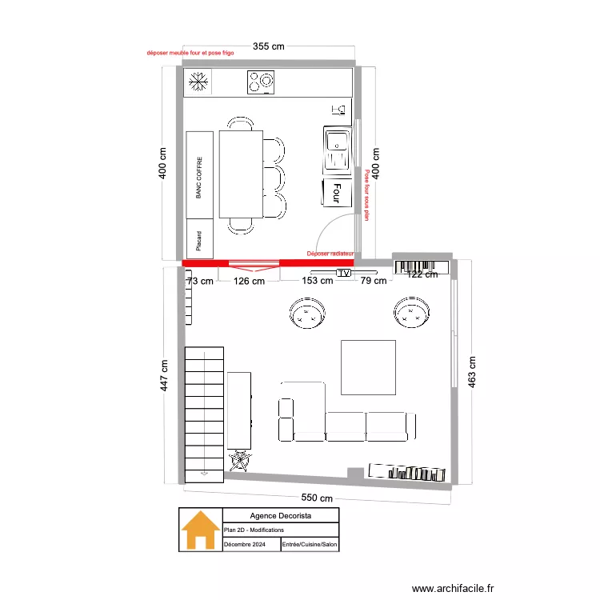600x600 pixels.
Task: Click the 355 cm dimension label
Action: coord(269,46)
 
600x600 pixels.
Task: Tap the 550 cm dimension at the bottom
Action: coord(317,498)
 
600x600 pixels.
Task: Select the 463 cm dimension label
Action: coord(472,372)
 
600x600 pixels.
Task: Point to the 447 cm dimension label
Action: coord(164,375)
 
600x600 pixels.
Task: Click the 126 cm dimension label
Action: coord(249,282)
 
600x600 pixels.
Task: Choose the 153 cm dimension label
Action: coord(318,281)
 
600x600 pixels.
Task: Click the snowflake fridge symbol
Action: coord(198,82)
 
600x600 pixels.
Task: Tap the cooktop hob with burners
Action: coord(261,82)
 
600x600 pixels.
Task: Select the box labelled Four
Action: coord(337,193)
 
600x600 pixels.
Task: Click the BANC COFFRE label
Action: coord(198,178)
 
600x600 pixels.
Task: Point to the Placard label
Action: coord(198,241)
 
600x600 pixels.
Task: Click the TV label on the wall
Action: coord(344,274)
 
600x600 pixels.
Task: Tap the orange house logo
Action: coord(201,530)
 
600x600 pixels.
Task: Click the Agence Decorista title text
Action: coord(281,515)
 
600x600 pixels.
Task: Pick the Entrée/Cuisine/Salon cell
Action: coord(310,544)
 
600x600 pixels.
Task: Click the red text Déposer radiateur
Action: coord(330,254)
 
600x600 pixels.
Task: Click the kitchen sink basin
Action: coord(337,150)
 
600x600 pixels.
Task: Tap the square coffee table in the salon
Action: coord(369,367)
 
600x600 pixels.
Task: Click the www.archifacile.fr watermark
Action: coord(453,588)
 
